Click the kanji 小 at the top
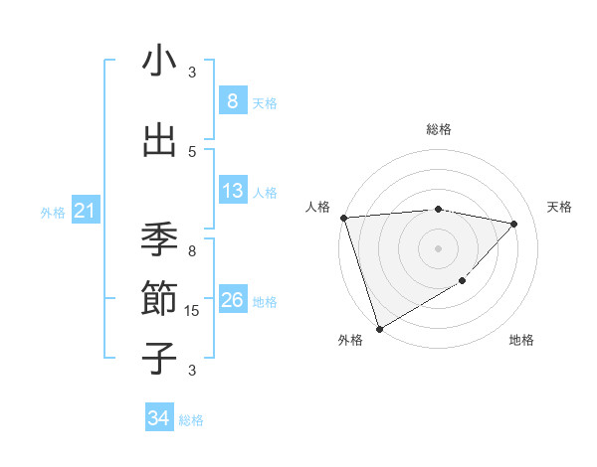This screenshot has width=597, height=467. (159, 62)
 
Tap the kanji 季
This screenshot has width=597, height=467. (159, 239)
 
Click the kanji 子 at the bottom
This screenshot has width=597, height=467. (159, 358)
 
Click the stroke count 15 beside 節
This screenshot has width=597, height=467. (193, 311)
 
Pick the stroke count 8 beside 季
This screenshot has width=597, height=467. (192, 251)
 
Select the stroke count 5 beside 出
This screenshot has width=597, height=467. (192, 151)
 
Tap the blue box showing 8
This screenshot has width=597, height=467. (233, 100)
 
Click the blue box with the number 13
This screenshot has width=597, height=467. (233, 191)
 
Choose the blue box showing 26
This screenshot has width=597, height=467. (233, 300)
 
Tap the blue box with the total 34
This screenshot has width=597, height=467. (158, 418)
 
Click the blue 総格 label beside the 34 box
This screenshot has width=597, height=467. (191, 420)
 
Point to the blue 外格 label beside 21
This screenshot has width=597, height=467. (53, 212)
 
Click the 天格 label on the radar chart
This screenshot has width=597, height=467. (560, 207)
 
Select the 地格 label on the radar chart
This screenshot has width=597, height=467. (521, 340)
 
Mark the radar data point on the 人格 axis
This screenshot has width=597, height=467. (343, 218)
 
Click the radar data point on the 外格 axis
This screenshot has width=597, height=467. (379, 328)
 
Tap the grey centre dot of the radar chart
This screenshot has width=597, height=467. (438, 247)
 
